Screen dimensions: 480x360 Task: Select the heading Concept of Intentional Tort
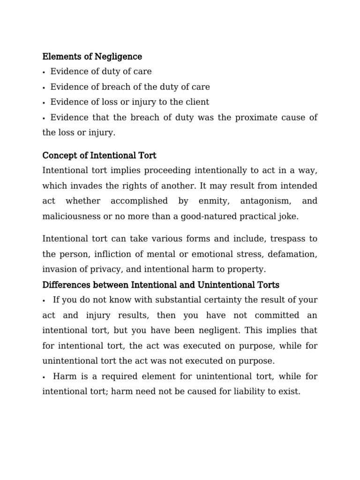coord(99,155)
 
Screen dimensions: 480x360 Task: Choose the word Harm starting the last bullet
coord(63,376)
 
